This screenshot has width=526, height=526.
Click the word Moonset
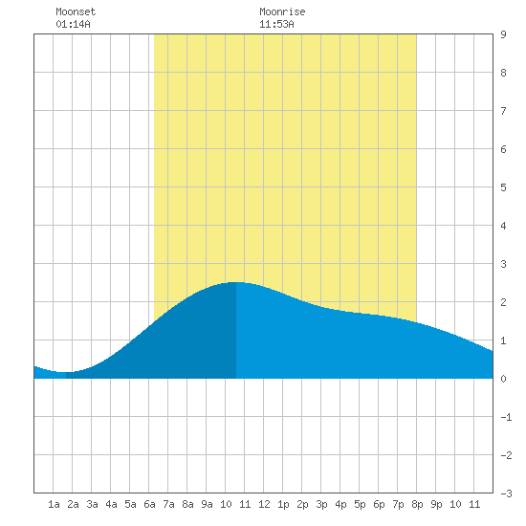tap(76, 11)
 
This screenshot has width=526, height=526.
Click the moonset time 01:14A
tap(73, 24)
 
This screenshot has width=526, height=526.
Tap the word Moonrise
tap(282, 11)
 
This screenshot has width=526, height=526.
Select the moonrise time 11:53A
tap(276, 24)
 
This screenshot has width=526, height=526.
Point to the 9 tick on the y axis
tap(503, 34)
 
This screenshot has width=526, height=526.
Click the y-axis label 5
tap(503, 187)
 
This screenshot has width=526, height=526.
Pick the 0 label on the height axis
tap(503, 379)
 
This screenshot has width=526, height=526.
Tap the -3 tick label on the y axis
tap(506, 493)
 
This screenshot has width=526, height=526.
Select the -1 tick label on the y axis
tap(506, 417)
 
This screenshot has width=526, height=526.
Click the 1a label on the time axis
tap(54, 504)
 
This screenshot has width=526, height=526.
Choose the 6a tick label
tap(149, 504)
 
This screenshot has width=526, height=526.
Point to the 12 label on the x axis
tap(264, 504)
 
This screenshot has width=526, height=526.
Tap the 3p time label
tap(321, 504)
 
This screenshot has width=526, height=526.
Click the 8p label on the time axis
tap(417, 504)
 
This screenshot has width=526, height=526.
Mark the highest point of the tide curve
tap(236, 282)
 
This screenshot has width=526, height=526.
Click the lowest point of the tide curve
tap(63, 372)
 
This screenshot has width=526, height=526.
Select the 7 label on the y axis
tap(503, 111)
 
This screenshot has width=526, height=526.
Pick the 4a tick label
tap(111, 504)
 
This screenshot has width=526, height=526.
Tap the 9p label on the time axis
tap(436, 504)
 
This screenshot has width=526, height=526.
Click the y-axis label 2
tap(503, 302)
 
